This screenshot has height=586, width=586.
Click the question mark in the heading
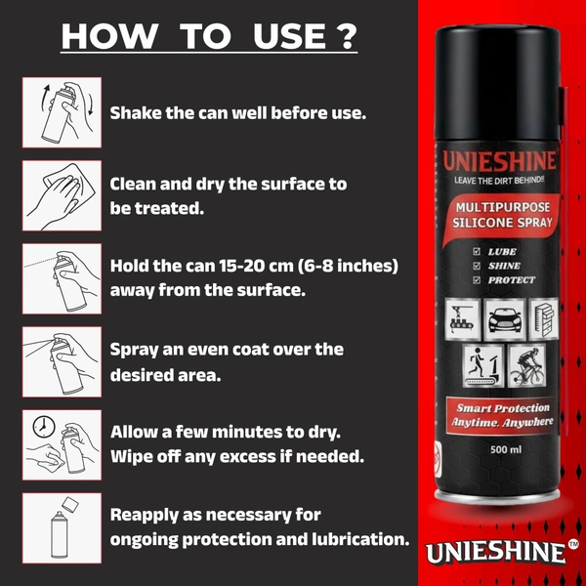(348, 36)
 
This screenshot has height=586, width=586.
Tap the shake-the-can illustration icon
(63, 112)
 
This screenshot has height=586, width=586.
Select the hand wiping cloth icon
(63, 195)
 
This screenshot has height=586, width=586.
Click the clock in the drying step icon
(44, 426)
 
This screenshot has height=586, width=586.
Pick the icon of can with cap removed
(63, 528)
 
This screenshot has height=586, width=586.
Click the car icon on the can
(505, 319)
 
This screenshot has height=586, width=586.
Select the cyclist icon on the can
(526, 366)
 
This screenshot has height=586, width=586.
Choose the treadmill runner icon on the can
(482, 366)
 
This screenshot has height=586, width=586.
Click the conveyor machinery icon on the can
(462, 319)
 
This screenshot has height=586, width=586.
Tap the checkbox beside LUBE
(477, 252)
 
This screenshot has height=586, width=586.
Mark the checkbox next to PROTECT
(477, 280)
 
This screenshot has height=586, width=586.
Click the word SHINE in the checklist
(504, 266)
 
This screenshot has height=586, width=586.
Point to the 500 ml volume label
(506, 449)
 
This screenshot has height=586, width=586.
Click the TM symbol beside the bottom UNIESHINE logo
(573, 544)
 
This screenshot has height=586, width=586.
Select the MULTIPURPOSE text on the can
(503, 207)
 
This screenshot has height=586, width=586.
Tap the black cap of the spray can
(497, 82)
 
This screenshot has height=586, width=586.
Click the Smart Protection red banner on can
(502, 415)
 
